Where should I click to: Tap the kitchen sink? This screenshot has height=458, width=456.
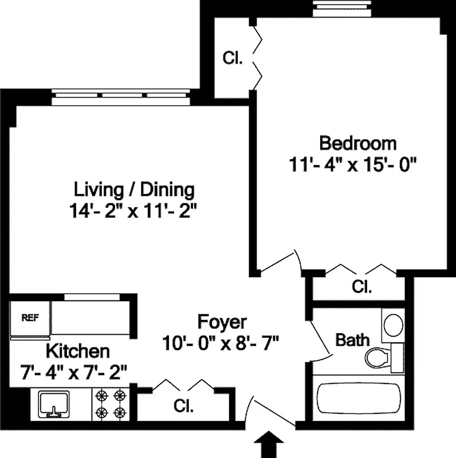(x=53, y=404)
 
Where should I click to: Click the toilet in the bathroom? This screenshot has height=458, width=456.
(x=376, y=357)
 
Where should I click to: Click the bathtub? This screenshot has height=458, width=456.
(x=359, y=401)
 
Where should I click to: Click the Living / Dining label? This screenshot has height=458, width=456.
(x=134, y=189)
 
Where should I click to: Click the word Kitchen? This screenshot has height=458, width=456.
(x=77, y=350)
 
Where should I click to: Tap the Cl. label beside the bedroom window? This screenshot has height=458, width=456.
(x=233, y=58)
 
